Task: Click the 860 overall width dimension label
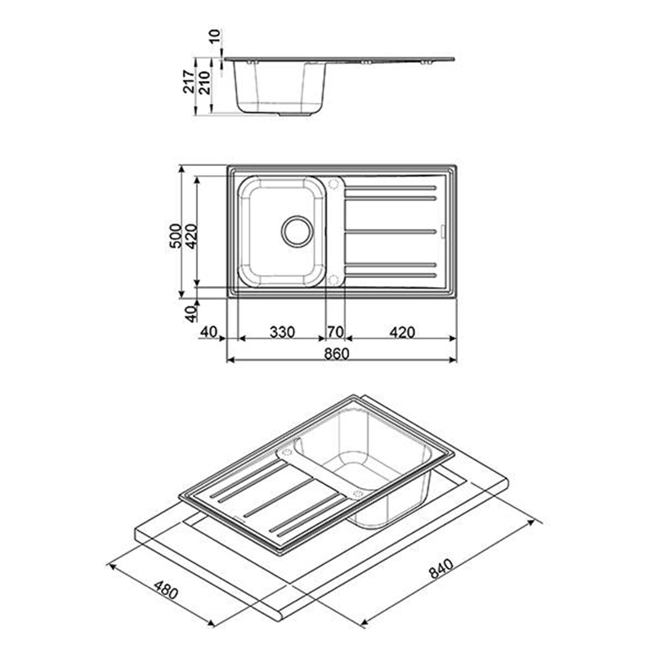[x=337, y=354]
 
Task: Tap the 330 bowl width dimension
[x=282, y=333]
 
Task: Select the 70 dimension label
[x=335, y=333]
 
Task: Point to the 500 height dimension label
[x=176, y=235]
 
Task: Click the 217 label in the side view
[x=190, y=81]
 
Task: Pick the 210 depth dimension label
[x=204, y=83]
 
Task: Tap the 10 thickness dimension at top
[x=215, y=37]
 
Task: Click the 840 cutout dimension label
[x=441, y=568]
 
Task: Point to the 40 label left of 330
[x=209, y=333]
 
